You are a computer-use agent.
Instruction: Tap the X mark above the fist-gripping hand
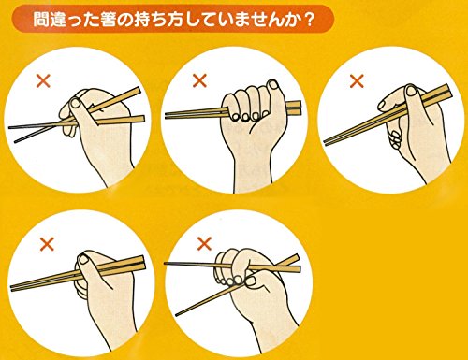point(198,80)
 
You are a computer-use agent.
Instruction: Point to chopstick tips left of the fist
point(173,115)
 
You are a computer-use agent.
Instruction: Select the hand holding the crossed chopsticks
point(98,122)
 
